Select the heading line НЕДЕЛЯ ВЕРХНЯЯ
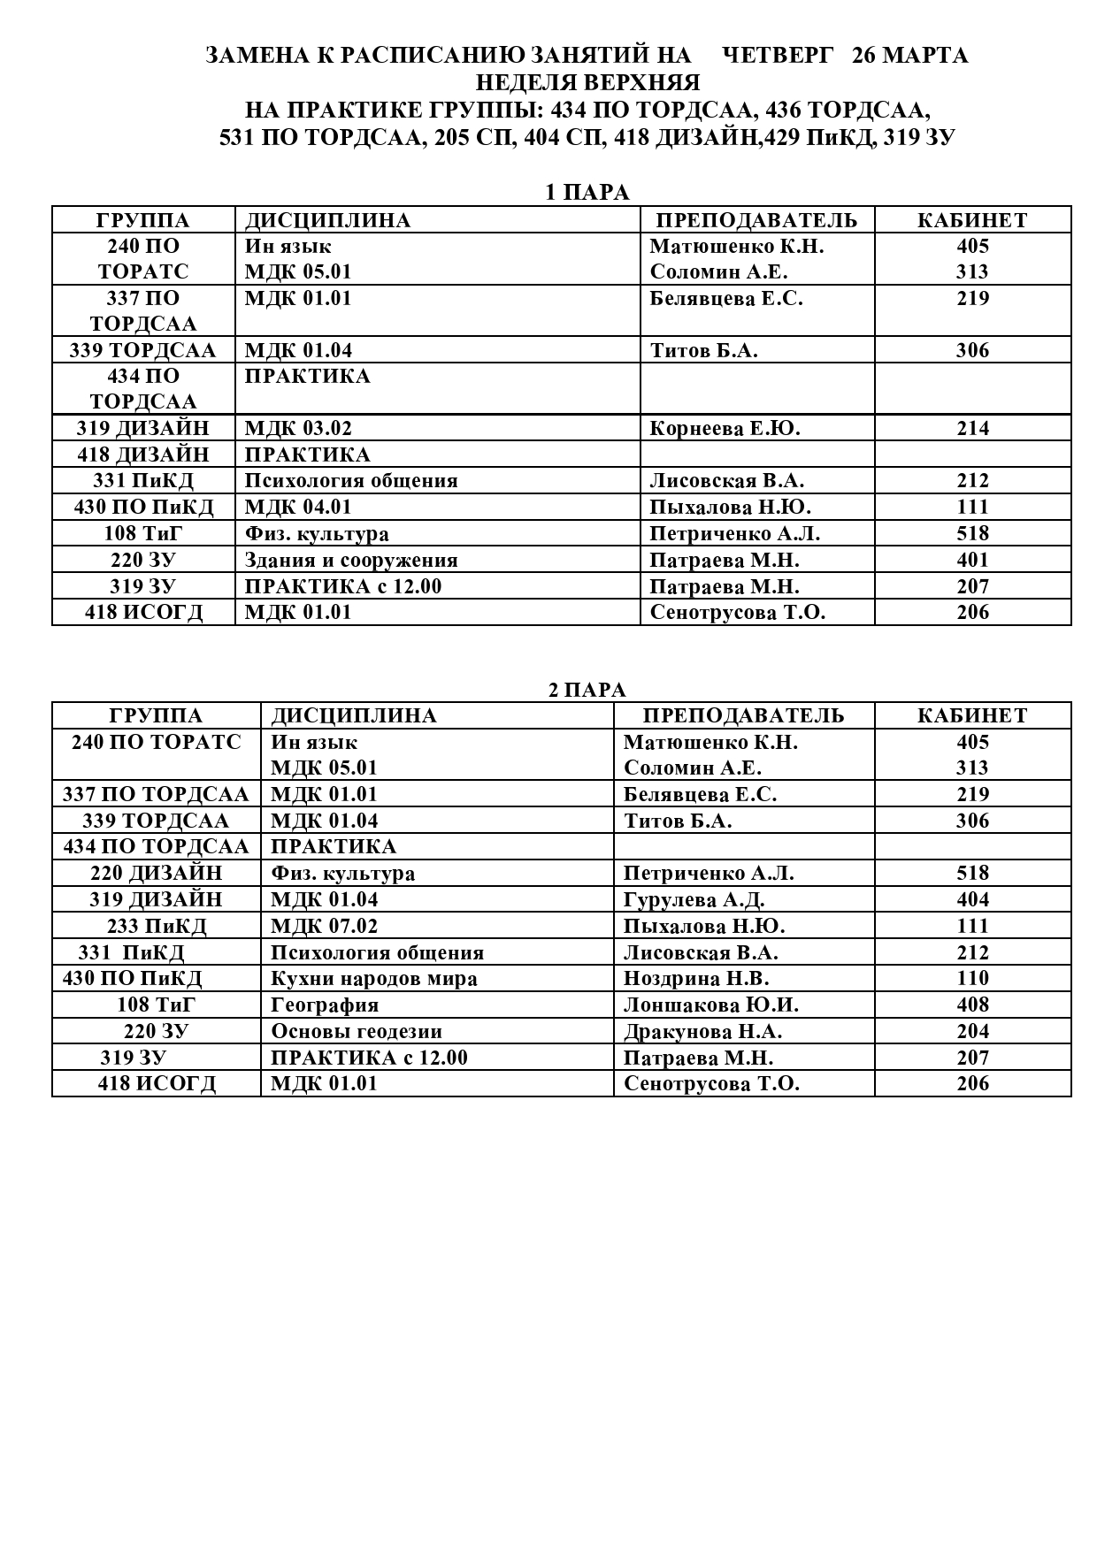587,83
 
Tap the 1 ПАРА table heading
586,193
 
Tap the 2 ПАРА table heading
587,690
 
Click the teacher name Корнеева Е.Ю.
725,429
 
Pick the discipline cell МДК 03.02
298,429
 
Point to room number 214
972,429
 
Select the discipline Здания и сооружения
351,561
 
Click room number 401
972,561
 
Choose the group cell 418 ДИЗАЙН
143,455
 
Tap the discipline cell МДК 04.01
298,508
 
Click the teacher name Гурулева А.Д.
694,900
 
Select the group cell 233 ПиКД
157,927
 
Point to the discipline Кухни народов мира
374,979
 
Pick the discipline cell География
325,1005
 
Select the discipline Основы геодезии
357,1032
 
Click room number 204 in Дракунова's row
972,1032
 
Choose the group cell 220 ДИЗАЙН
157,874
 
